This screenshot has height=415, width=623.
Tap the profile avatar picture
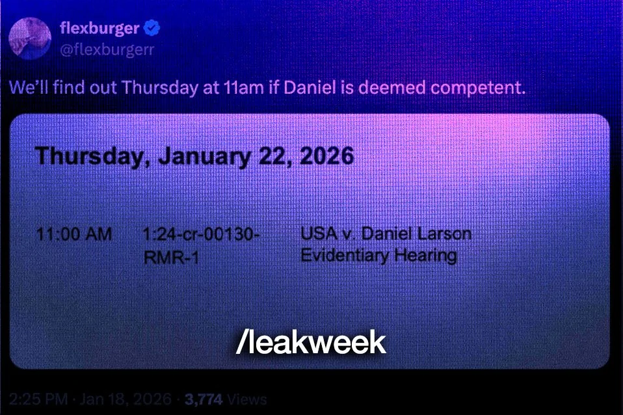tap(30, 37)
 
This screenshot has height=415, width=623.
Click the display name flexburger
tap(99, 29)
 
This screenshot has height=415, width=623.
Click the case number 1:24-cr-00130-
tap(202, 234)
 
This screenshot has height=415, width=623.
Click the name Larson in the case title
tap(445, 233)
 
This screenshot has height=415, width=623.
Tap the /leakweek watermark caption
tap(311, 343)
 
